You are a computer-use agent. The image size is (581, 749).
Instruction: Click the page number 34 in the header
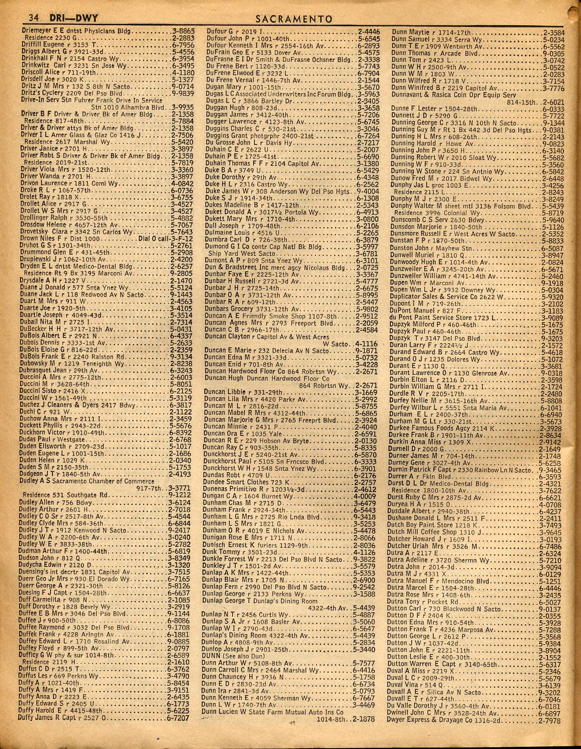point(33,19)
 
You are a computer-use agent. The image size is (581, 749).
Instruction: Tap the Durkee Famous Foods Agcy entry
point(433,428)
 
